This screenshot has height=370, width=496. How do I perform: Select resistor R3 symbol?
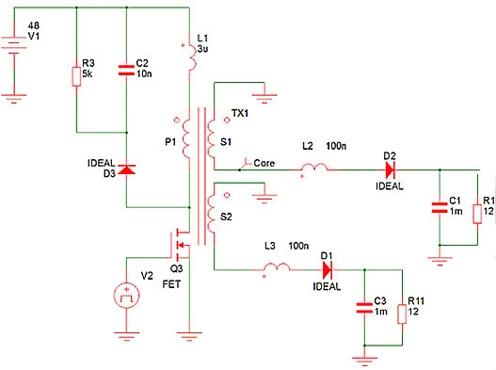pyautogui.click(x=74, y=74)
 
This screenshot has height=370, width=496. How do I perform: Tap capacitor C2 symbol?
pyautogui.click(x=127, y=69)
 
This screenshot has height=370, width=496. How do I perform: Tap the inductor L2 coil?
pyautogui.click(x=314, y=171)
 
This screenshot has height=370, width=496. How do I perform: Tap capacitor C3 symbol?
pyautogui.click(x=363, y=308)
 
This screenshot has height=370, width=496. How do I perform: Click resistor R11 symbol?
pyautogui.click(x=403, y=311)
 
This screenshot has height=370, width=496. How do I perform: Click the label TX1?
pyautogui.click(x=240, y=115)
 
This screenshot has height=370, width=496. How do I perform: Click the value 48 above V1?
pyautogui.click(x=34, y=23)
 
